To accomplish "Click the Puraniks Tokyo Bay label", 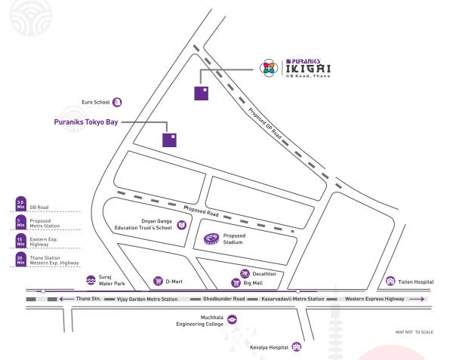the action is [x=87, y=120].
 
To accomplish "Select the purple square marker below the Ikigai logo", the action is [x=202, y=94].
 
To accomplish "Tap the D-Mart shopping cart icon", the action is [x=158, y=281].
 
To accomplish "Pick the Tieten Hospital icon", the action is [x=390, y=281].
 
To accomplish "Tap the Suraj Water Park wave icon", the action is [x=91, y=279].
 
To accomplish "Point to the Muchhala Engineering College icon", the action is [x=232, y=319].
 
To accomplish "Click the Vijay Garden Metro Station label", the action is [x=148, y=300].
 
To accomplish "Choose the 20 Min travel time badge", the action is [x=20, y=260].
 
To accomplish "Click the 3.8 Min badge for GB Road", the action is [x=20, y=204].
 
